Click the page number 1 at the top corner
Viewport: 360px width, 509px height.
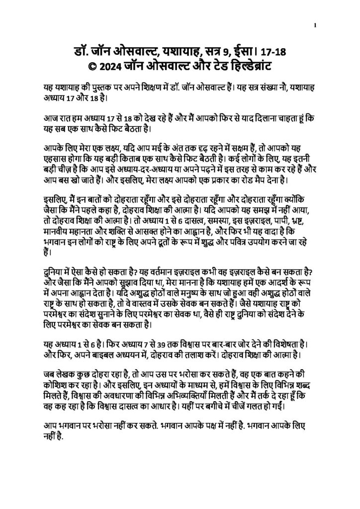point(316,25)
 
